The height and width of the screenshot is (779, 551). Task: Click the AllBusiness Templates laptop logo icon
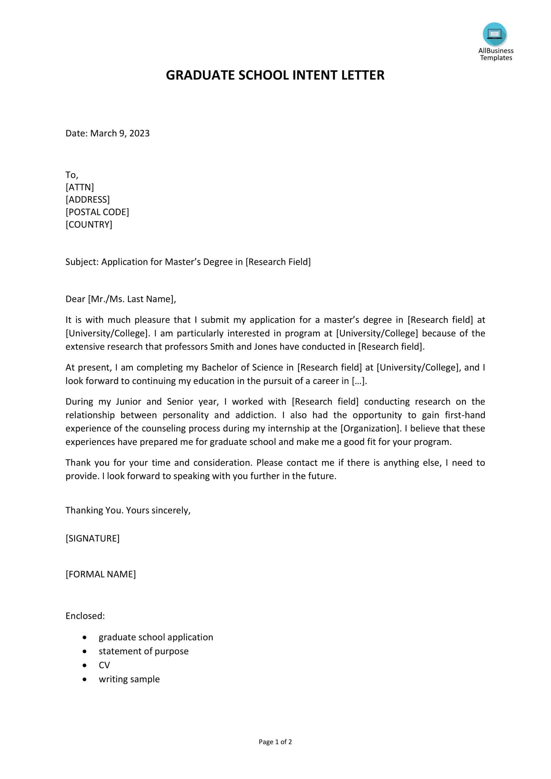494,34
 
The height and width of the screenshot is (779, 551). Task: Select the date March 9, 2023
120,133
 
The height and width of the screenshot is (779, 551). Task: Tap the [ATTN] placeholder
80,187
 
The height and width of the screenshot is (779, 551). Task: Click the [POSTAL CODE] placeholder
97,212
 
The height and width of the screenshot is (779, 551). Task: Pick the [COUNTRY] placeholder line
89,224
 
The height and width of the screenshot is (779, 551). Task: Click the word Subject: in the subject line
82,262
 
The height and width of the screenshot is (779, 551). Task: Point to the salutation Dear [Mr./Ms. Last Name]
121,299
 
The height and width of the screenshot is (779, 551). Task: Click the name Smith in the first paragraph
221,347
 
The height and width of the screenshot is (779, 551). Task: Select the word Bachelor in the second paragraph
217,367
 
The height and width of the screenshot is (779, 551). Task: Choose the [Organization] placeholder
371,429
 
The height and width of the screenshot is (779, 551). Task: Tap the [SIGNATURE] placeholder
93,539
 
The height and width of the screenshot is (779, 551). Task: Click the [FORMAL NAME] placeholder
101,574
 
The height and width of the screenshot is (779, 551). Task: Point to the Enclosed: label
85,616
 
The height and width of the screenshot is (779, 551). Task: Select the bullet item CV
104,665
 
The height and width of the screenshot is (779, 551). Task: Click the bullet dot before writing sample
85,679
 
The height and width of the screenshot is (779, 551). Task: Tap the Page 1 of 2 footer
275,742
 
